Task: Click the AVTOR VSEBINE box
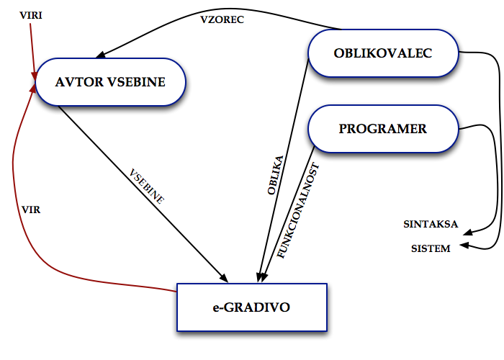(109, 82)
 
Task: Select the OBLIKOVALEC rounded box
(382, 53)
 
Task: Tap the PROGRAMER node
(382, 130)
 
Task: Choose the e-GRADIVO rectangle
(251, 307)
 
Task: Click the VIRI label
(31, 14)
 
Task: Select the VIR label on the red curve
(30, 209)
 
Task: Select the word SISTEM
(431, 249)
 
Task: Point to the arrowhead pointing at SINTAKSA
(465, 233)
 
